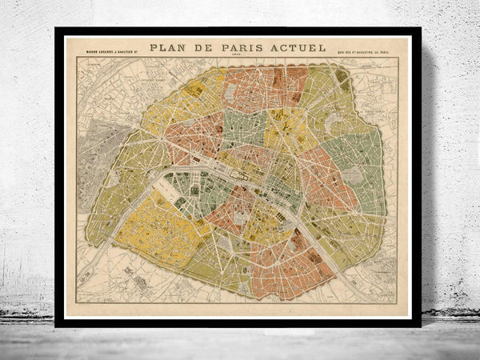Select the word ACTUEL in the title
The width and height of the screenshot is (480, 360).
pyautogui.click(x=301, y=48)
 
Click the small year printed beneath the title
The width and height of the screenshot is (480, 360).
pyautogui.click(x=238, y=58)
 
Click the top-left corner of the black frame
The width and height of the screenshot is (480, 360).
pyautogui.click(x=57, y=30)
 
